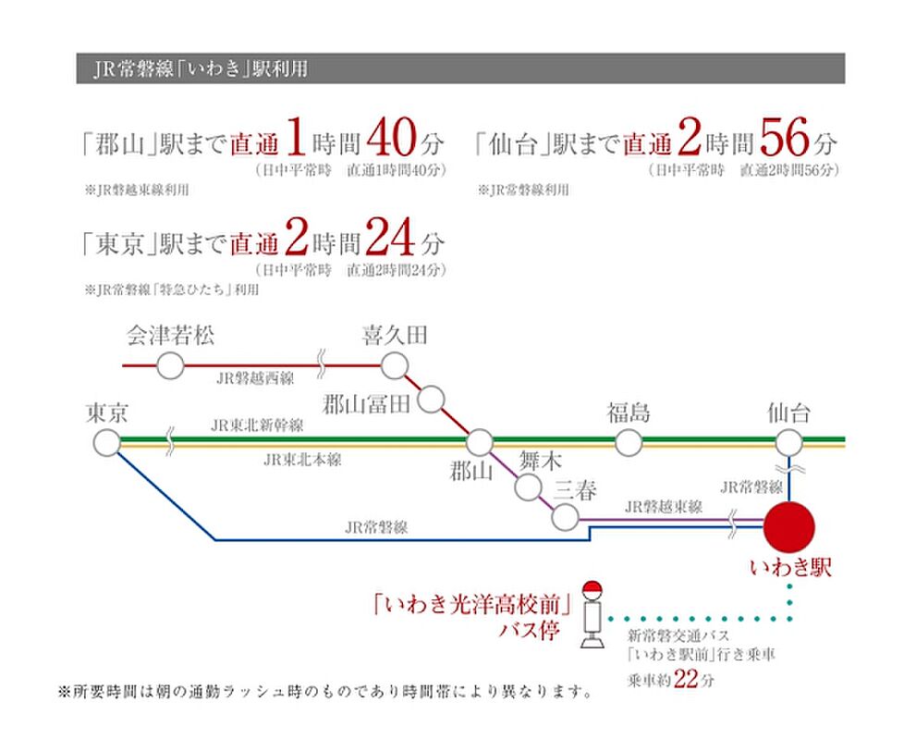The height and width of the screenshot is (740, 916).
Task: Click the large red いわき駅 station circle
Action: (x=788, y=526)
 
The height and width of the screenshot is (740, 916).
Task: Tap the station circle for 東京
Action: (x=107, y=442)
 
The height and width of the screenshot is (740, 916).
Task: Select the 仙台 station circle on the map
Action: (x=788, y=442)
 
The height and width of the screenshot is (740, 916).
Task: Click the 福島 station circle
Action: (x=629, y=442)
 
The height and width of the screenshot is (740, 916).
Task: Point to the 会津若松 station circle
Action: (x=171, y=366)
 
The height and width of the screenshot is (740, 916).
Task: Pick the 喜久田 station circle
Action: (x=395, y=366)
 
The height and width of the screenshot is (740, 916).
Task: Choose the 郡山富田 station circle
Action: (x=431, y=400)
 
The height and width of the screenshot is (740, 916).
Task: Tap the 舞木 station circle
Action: (x=528, y=487)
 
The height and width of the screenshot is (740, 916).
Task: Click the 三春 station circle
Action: (x=565, y=517)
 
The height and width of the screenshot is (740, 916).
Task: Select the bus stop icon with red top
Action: (x=592, y=614)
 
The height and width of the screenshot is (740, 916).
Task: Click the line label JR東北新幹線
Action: (x=257, y=425)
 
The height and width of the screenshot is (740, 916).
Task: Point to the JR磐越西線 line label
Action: (x=255, y=378)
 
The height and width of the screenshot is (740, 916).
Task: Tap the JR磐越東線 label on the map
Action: (x=664, y=506)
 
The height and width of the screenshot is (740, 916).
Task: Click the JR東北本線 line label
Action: (x=302, y=460)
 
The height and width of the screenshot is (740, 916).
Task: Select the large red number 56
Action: (x=785, y=137)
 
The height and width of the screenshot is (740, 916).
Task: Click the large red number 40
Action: (x=391, y=137)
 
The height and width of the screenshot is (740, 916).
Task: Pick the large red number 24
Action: (x=390, y=237)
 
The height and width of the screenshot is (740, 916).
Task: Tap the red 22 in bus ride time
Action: (x=686, y=679)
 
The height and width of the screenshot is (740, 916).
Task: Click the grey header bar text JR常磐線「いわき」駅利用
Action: (x=201, y=69)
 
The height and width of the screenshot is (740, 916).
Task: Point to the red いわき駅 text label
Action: (x=790, y=567)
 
